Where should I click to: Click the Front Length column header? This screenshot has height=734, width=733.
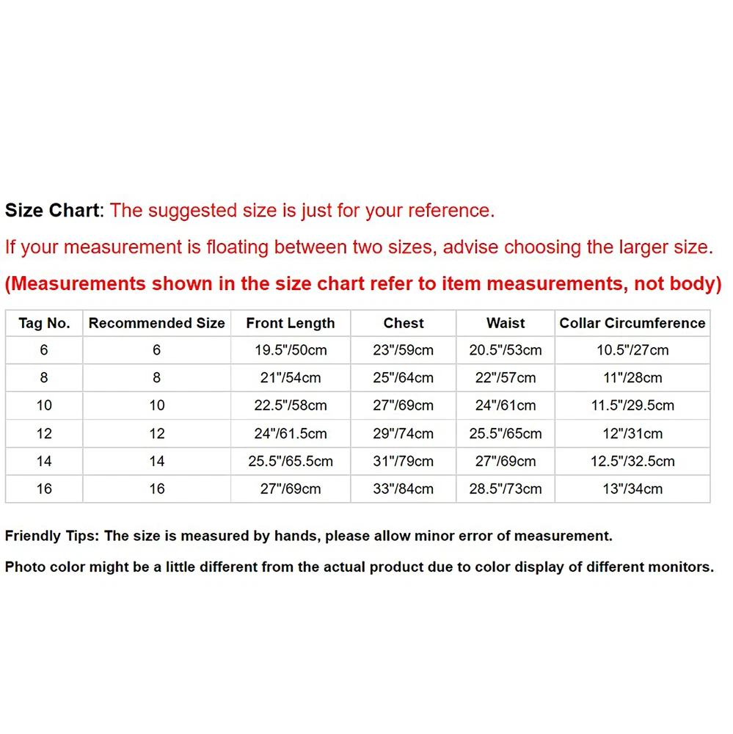pyautogui.click(x=291, y=323)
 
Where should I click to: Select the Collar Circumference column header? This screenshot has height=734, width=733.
pyautogui.click(x=632, y=323)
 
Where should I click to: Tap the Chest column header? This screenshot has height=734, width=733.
pyautogui.click(x=404, y=323)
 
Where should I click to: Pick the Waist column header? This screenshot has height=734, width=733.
pyautogui.click(x=506, y=323)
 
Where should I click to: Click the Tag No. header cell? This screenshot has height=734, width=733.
pyautogui.click(x=44, y=323)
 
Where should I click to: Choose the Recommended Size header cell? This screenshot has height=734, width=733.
pyautogui.click(x=157, y=323)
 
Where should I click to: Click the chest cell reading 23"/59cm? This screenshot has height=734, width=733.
pyautogui.click(x=404, y=350)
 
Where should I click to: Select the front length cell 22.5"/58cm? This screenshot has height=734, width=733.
pyautogui.click(x=291, y=406)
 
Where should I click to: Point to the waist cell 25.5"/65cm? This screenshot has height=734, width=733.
pyautogui.click(x=506, y=434)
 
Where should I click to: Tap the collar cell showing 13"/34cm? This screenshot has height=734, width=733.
pyautogui.click(x=632, y=489)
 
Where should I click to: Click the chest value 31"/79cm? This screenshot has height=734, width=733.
pyautogui.click(x=404, y=462)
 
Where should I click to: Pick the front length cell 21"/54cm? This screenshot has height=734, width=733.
pyautogui.click(x=291, y=378)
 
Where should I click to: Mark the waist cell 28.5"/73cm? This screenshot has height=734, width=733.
pyautogui.click(x=506, y=489)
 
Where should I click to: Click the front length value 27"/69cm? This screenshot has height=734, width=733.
pyautogui.click(x=291, y=489)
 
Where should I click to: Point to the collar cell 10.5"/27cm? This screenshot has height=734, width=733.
pyautogui.click(x=632, y=350)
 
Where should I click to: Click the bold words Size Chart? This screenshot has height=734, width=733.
pyautogui.click(x=51, y=211)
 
